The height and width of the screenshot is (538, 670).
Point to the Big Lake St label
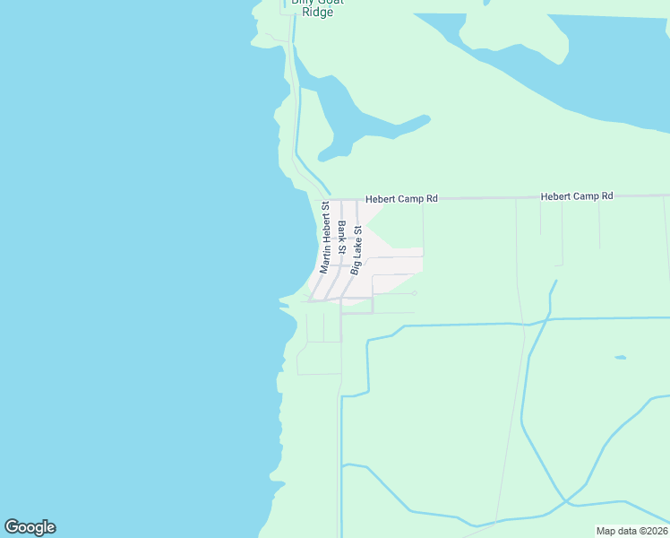tap(356, 249)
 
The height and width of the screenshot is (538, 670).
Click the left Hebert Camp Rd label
tap(401, 198)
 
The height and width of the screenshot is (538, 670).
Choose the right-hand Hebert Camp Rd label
tap(577, 195)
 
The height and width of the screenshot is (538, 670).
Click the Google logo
tap(30, 527)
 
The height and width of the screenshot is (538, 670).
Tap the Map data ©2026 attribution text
tap(631, 531)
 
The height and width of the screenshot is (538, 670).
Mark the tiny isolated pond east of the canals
tap(620, 358)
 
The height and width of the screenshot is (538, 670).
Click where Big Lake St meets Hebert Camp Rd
tap(357, 200)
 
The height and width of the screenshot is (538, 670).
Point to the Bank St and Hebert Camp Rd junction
tap(340, 200)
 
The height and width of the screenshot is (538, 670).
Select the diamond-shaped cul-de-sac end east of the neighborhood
tap(414, 292)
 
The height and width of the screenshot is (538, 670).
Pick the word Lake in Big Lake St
tap(356, 247)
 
